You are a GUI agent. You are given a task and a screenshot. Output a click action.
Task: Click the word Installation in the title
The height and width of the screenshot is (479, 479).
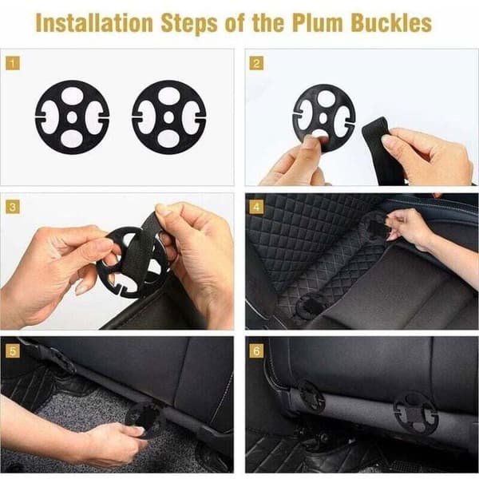[x=94, y=23]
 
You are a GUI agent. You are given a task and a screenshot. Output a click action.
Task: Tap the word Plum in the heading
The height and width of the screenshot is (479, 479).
[x=318, y=23]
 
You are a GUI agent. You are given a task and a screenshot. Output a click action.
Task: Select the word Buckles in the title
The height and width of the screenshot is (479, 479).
[x=391, y=23]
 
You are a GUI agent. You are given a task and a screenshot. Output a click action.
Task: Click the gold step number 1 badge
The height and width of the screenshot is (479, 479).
[x=13, y=63]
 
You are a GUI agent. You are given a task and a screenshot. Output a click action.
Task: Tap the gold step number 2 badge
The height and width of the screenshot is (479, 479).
[x=256, y=63]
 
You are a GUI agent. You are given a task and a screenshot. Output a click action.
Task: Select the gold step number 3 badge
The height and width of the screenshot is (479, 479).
[x=13, y=207]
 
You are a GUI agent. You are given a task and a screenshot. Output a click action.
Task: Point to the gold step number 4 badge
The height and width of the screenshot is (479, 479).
[x=256, y=207]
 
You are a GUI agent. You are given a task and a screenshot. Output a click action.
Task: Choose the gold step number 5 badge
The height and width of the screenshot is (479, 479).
[x=13, y=350]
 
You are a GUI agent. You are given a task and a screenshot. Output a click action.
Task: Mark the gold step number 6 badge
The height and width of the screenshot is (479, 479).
[x=256, y=350]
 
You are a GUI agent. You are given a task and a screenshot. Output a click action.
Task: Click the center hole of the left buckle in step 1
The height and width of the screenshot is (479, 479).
[x=72, y=117]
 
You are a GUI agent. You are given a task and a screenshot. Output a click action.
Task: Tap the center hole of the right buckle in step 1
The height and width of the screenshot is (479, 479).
[x=169, y=117]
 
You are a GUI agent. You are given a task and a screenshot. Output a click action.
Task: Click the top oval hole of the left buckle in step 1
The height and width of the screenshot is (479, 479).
[x=73, y=95]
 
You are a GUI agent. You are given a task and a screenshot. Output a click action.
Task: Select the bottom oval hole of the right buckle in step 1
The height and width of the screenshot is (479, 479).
[x=169, y=139]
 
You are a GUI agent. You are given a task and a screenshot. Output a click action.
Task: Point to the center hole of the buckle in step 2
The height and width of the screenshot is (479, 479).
[x=323, y=118]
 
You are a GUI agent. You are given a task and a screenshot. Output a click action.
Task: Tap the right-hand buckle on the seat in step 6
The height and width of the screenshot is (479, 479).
[x=416, y=413]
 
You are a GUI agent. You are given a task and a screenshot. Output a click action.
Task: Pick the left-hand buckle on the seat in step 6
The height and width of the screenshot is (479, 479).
[x=311, y=397]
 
